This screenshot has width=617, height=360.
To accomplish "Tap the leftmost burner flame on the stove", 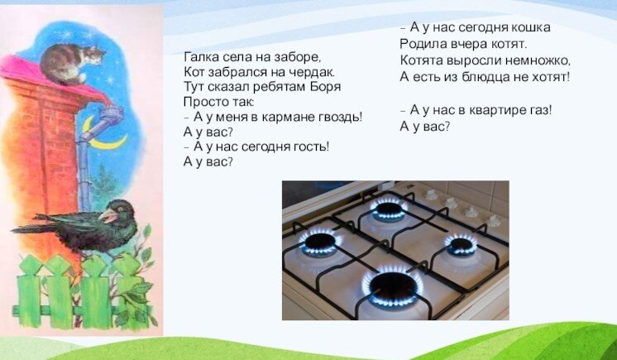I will click(x=319, y=242).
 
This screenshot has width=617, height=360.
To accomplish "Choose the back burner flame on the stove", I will click(x=388, y=208).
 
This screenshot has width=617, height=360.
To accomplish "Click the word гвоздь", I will click(x=341, y=117).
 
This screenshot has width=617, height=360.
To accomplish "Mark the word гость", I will click(x=310, y=146).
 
